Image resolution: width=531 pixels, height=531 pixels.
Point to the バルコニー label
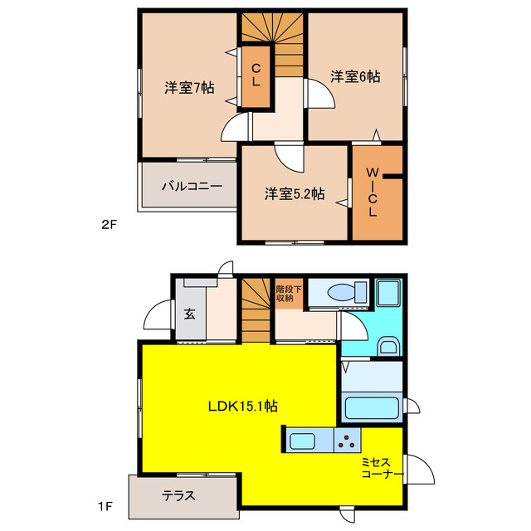pos(192,186)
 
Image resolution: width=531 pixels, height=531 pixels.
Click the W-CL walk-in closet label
pos(373,192)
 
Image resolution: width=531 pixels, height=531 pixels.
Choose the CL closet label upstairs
pos(256,75)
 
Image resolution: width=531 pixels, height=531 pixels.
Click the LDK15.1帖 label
pos(242,407)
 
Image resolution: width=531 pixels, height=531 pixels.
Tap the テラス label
pos(179,496)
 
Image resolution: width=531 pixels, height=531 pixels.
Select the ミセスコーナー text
pos(382,468)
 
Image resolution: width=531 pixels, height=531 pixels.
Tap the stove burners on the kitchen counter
pos(346,441)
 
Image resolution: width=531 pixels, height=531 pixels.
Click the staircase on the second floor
pos(273,37)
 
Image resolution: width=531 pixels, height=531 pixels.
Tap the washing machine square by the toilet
pos(387,293)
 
